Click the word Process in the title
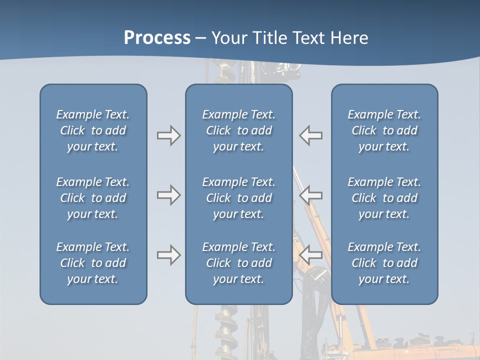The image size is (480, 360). pyautogui.click(x=157, y=38)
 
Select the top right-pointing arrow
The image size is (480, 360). pyautogui.click(x=168, y=135)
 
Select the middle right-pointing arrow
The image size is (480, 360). pyautogui.click(x=168, y=195)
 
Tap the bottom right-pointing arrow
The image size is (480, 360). pyautogui.click(x=168, y=255)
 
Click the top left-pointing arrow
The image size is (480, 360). pyautogui.click(x=310, y=135)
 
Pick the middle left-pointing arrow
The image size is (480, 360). pyautogui.click(x=310, y=195)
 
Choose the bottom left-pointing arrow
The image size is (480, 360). pyautogui.click(x=310, y=255)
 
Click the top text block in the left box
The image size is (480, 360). pyautogui.click(x=93, y=130)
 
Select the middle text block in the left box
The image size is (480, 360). pyautogui.click(x=93, y=198)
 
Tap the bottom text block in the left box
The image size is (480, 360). pyautogui.click(x=93, y=263)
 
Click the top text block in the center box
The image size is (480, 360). pyautogui.click(x=238, y=130)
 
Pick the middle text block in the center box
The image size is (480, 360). pyautogui.click(x=238, y=198)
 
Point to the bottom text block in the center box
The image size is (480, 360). pyautogui.click(x=238, y=263)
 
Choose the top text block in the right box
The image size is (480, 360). pyautogui.click(x=384, y=130)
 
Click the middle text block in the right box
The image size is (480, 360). pyautogui.click(x=384, y=198)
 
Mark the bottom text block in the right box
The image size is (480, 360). pyautogui.click(x=384, y=263)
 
